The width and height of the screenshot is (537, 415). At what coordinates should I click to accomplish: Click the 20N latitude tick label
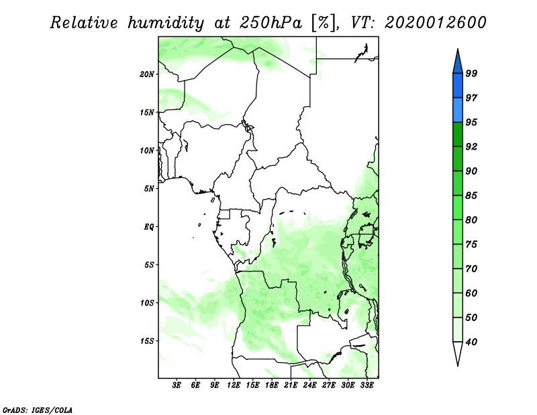tap(146, 75)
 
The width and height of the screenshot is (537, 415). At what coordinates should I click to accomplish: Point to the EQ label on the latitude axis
tap(149, 227)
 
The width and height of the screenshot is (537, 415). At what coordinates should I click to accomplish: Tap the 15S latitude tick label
tap(146, 341)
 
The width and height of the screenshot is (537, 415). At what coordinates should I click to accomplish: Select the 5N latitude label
tap(149, 189)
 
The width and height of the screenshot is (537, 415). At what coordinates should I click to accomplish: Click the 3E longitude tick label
tap(177, 385)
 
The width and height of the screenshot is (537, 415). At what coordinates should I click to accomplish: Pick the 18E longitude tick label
tap(272, 385)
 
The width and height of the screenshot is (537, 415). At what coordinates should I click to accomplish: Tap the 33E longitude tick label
tap(367, 385)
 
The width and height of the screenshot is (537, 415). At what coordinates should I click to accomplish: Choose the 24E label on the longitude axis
tap(309, 385)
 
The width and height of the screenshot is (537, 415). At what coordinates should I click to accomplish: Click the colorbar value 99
tap(471, 73)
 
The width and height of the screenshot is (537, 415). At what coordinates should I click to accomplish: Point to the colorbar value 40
tap(471, 342)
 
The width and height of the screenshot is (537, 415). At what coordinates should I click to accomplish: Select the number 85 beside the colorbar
tap(471, 195)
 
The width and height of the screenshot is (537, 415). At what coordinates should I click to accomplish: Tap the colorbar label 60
tap(471, 293)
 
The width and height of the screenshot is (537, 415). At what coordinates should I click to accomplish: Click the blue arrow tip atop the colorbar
tap(458, 49)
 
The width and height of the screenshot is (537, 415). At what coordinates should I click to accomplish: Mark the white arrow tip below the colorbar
tap(458, 366)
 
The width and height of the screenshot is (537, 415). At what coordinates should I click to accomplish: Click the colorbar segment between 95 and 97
tap(458, 110)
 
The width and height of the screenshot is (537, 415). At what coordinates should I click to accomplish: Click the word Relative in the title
tap(84, 23)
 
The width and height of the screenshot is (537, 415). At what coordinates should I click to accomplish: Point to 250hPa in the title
tap(271, 23)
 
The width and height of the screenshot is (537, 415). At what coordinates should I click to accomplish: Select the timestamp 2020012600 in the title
tap(435, 23)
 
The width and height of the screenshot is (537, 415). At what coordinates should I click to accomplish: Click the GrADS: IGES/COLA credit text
tap(38, 410)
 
